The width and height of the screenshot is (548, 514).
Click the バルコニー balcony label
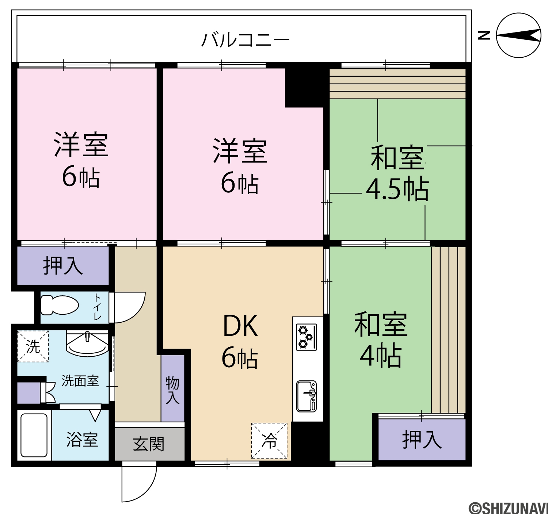245,40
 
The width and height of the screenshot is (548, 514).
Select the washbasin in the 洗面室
87,344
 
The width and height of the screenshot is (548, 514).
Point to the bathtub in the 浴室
34,436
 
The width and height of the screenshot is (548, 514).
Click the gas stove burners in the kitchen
306,337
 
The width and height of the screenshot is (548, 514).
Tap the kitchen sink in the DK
306,396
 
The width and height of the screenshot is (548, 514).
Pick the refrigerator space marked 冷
269,441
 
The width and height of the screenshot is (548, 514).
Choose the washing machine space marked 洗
33,346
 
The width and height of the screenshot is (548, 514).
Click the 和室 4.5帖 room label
397,173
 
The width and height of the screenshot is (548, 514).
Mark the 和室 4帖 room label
381,340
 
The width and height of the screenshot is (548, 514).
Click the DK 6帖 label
240,341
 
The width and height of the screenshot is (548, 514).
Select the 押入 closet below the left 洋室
63,265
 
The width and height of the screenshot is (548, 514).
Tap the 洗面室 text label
80,381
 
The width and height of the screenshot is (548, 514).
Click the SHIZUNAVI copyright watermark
509,508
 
